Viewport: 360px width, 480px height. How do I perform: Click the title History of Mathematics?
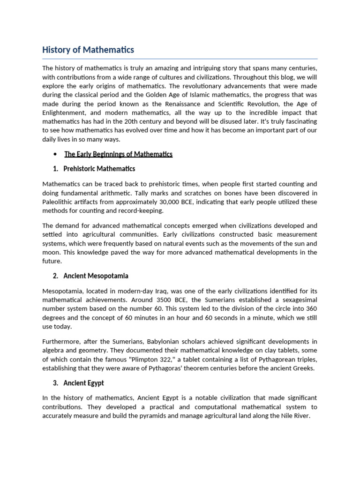(88, 50)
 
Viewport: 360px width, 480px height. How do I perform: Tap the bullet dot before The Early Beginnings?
(55, 154)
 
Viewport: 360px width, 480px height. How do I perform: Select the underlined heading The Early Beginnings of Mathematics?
(118, 154)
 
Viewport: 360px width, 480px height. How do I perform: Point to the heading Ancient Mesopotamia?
(97, 276)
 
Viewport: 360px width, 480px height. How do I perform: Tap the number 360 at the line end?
(311, 309)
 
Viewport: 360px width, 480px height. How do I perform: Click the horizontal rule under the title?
(180, 59)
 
